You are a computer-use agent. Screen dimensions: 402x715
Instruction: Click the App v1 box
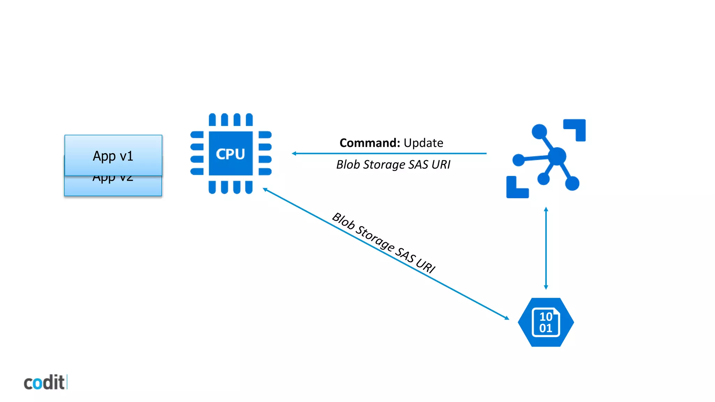(113, 155)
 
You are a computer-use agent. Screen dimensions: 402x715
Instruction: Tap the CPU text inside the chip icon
(230, 154)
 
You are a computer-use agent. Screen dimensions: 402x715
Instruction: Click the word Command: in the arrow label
(369, 143)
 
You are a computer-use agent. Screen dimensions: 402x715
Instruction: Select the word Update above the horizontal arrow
(423, 143)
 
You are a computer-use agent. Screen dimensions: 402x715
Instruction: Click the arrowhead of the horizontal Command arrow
(294, 153)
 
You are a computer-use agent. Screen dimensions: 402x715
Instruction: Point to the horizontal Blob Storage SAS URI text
(393, 164)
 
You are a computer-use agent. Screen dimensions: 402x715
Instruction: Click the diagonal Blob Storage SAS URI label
(383, 242)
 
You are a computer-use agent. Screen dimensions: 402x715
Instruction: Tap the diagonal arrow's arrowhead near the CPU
(265, 189)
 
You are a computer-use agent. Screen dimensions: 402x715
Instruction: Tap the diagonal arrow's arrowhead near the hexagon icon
(507, 318)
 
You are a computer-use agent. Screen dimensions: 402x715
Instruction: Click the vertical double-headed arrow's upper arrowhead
(546, 209)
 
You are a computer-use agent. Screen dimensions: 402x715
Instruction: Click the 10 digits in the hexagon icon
(546, 317)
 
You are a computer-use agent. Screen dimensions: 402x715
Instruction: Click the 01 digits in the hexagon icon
(546, 328)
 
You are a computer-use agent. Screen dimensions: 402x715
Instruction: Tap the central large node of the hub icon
(557, 156)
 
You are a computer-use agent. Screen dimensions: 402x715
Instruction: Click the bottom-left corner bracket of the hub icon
(514, 190)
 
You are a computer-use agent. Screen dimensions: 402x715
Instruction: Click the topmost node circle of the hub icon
(539, 132)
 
